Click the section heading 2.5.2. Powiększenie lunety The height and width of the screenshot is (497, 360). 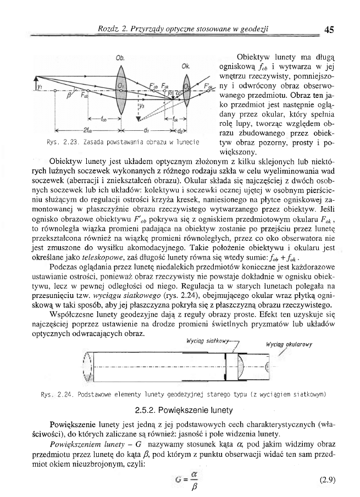(x=180, y=410)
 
